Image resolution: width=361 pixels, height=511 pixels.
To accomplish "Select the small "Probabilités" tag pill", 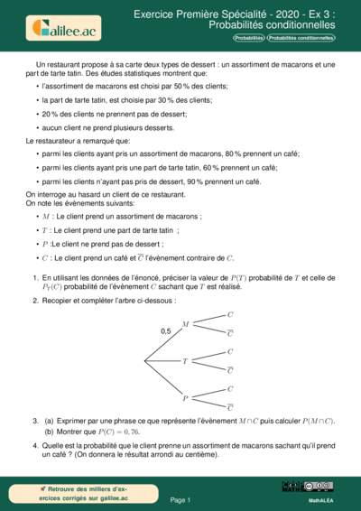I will coord(248,39).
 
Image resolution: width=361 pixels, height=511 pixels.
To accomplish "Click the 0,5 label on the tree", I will coord(165,332).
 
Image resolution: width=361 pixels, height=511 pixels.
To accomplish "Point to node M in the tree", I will coord(185,323).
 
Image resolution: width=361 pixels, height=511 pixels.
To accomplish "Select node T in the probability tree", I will coord(185,361).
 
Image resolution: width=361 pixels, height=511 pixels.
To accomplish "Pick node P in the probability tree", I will coord(185,398).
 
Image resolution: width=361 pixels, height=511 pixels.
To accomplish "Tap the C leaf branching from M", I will coord(230,313).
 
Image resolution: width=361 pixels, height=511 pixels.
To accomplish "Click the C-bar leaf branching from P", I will coord(230,408).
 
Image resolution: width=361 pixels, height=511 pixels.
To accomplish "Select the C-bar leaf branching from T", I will coord(230,370).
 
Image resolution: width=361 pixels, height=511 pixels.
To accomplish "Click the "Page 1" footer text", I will coord(180,499).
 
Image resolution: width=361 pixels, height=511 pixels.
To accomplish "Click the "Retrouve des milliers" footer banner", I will coord(71,493).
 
